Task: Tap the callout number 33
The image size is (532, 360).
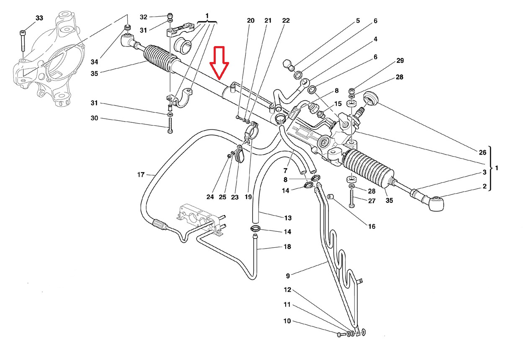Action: tap(39, 18)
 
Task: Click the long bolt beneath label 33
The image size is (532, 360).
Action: tap(23, 41)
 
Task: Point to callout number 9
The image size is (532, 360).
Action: tap(288, 276)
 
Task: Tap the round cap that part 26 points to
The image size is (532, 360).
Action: tap(371, 98)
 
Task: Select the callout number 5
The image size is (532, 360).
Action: tap(358, 21)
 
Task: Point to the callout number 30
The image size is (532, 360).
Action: tap(94, 118)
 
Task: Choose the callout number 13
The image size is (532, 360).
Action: tap(288, 218)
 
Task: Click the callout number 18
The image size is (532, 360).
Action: tap(287, 246)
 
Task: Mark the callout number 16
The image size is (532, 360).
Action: tap(372, 226)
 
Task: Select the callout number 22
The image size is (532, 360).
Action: tap(286, 21)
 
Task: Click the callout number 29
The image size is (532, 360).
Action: tap(400, 61)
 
